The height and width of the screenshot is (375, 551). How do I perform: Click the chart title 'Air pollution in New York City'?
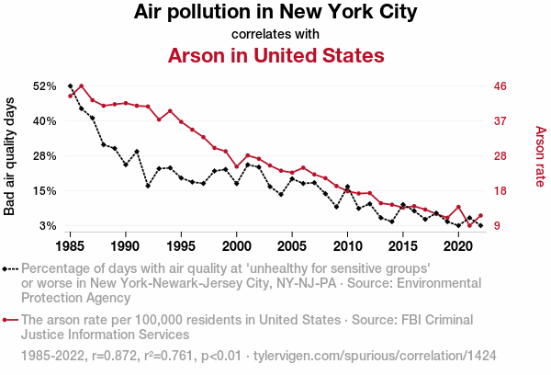[275, 13]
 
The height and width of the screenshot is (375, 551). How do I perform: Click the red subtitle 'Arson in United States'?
[275, 55]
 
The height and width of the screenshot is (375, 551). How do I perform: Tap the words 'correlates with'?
[275, 34]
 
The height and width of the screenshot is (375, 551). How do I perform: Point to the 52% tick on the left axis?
[45, 86]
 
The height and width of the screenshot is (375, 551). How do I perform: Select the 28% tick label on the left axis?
[45, 156]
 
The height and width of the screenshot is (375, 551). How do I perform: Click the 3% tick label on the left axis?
[49, 226]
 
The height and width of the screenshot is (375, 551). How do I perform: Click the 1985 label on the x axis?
[71, 246]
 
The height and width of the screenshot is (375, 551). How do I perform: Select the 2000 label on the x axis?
[237, 246]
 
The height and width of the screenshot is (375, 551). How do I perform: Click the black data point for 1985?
[71, 85]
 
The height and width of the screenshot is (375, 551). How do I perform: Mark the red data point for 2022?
[480, 216]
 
